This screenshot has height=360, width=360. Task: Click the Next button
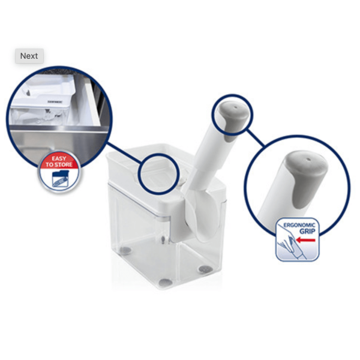(x=29, y=56)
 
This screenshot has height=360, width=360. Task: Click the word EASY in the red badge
(x=59, y=158)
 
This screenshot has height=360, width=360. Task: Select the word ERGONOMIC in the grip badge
(x=299, y=225)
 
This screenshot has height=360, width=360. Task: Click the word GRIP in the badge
(x=307, y=231)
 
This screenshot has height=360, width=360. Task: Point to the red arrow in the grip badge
(x=305, y=240)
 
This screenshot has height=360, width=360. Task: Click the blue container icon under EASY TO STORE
(x=61, y=179)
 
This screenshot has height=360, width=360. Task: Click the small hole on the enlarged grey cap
(x=309, y=160)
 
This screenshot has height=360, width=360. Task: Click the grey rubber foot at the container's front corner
(x=166, y=283)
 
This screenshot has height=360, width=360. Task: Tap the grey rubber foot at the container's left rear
(x=125, y=250)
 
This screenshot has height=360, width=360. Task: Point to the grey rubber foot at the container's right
(x=205, y=269)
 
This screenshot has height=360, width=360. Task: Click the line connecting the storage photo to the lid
(x=124, y=153)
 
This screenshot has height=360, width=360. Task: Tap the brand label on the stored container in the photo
(x=55, y=101)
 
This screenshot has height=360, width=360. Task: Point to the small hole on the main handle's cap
(x=235, y=107)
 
